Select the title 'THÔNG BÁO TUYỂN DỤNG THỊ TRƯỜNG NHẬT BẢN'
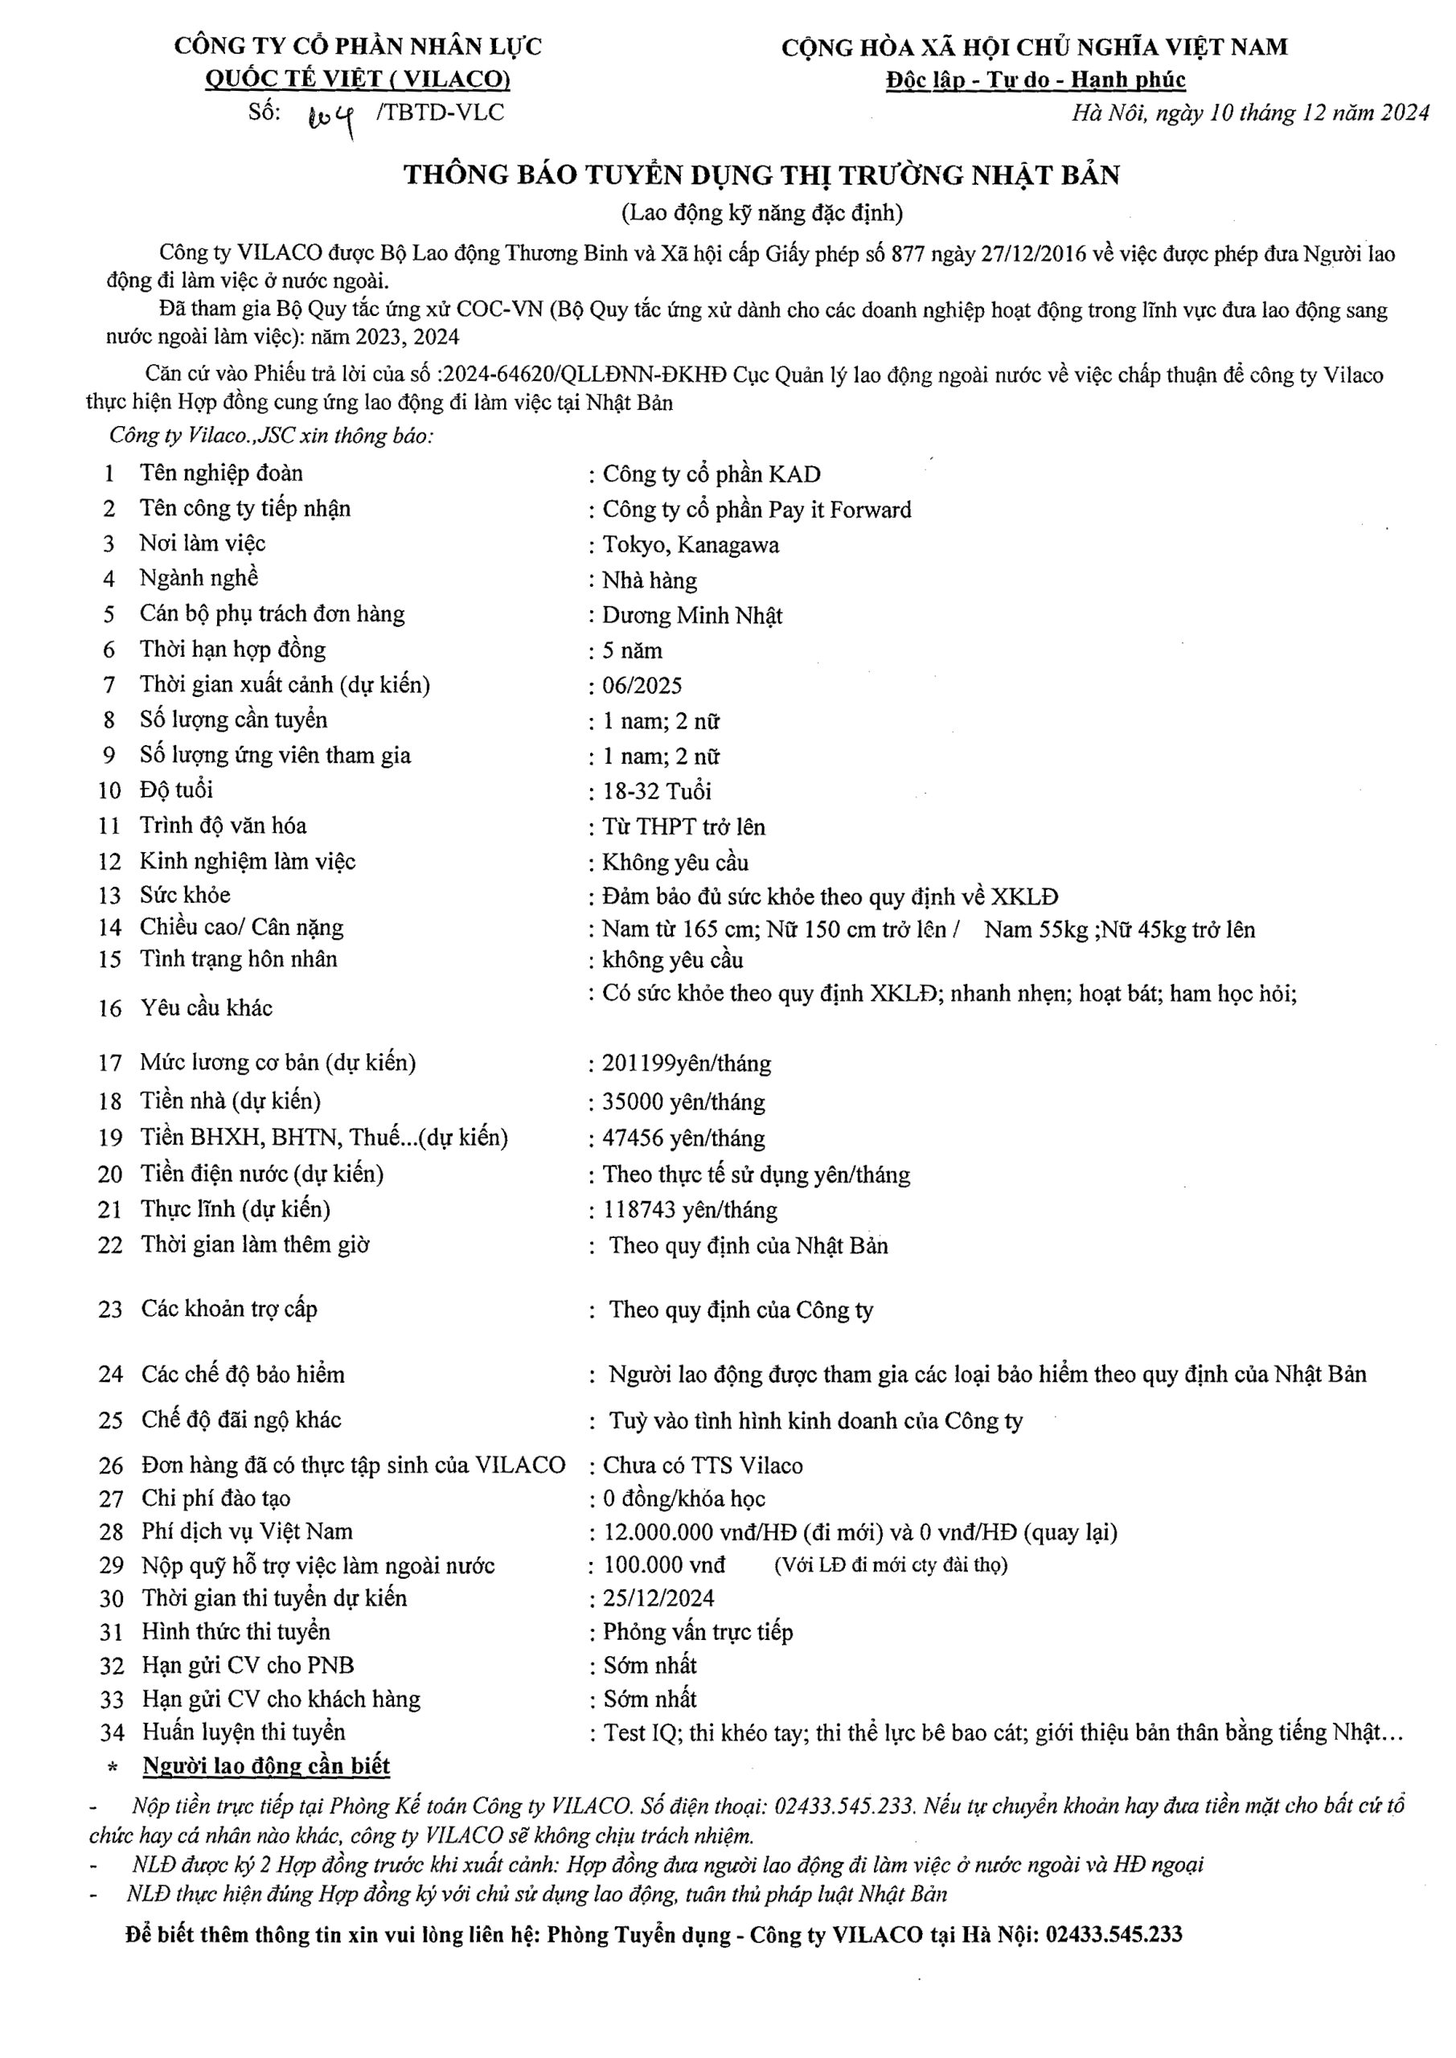click(761, 174)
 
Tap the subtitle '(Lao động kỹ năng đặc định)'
click(761, 212)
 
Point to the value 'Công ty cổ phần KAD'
click(711, 474)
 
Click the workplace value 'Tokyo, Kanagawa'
click(691, 545)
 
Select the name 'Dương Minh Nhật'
click(692, 616)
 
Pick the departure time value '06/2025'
click(642, 686)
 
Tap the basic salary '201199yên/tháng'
click(686, 1064)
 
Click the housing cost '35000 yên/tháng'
click(683, 1101)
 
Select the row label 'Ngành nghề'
click(199, 578)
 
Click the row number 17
click(109, 1064)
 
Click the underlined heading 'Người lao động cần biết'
click(266, 1767)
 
